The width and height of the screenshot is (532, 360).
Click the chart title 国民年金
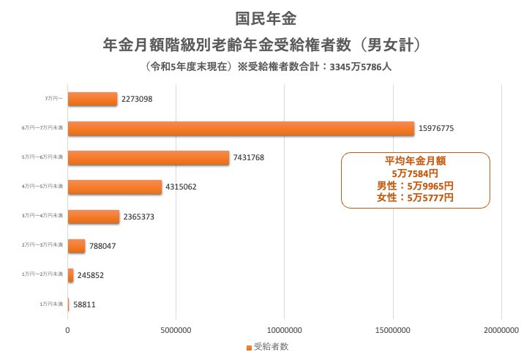pos(266,17)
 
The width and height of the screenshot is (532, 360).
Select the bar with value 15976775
pos(241,128)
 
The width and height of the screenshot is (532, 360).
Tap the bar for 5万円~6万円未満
pos(148,157)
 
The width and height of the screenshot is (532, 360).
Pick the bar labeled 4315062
pos(114,187)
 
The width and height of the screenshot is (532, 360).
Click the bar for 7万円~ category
pos(92,99)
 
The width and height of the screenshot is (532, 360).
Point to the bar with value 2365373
pos(93,217)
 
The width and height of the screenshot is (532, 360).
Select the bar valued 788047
pos(76,246)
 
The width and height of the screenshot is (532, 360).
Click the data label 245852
pos(92,276)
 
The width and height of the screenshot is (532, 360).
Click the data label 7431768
pos(253,157)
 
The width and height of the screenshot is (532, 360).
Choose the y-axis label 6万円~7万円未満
pos(43,128)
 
